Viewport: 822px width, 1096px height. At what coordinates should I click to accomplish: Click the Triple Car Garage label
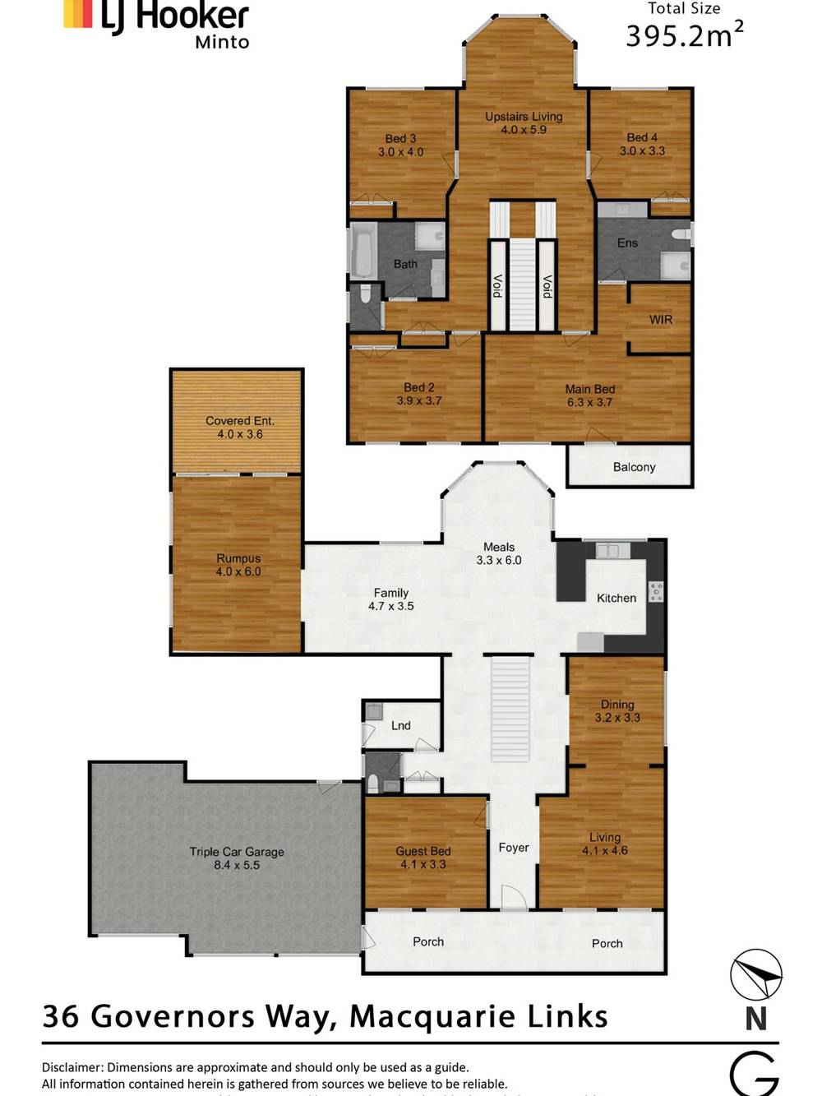(237, 852)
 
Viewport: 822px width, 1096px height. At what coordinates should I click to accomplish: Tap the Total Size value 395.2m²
(684, 36)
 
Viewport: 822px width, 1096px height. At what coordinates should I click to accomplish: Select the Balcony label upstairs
(634, 467)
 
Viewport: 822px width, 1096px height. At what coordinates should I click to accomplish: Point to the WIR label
(661, 320)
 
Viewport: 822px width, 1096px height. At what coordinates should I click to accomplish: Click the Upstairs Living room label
(524, 117)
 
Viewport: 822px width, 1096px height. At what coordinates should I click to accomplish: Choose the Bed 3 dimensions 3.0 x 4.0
(401, 152)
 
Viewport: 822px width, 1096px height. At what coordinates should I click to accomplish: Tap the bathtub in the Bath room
(363, 250)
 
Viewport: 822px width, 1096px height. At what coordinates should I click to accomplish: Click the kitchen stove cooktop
(656, 591)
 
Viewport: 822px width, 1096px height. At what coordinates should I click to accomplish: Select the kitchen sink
(607, 550)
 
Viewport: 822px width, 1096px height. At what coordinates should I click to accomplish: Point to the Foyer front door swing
(514, 898)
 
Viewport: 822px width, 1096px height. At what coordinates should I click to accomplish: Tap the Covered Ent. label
(240, 421)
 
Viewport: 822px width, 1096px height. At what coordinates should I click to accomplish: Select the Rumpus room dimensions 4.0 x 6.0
(238, 571)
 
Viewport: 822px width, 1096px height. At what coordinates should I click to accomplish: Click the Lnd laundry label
(401, 725)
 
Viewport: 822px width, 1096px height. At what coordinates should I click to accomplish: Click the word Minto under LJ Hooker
(222, 42)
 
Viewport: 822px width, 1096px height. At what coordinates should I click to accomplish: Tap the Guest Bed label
(423, 852)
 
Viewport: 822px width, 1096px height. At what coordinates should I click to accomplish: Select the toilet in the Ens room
(681, 235)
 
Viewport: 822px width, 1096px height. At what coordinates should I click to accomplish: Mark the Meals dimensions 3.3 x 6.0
(499, 560)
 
